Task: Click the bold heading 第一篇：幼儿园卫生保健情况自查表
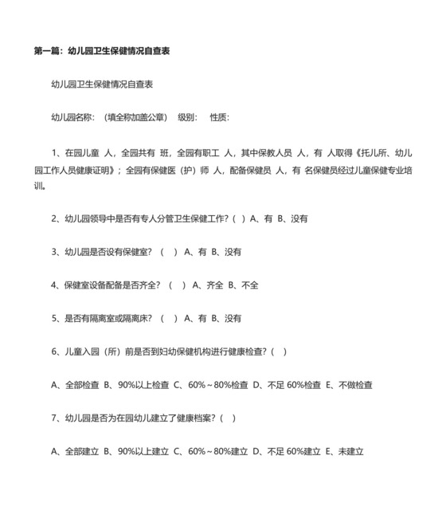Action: click(x=101, y=50)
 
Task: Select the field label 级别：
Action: click(x=187, y=117)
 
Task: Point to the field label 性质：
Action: click(x=219, y=117)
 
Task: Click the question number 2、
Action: click(x=57, y=218)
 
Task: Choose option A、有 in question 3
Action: click(x=195, y=252)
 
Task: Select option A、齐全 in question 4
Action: click(x=207, y=285)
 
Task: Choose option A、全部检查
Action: click(x=75, y=385)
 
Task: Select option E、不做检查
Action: click(x=349, y=385)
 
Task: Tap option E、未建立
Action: click(x=344, y=452)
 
